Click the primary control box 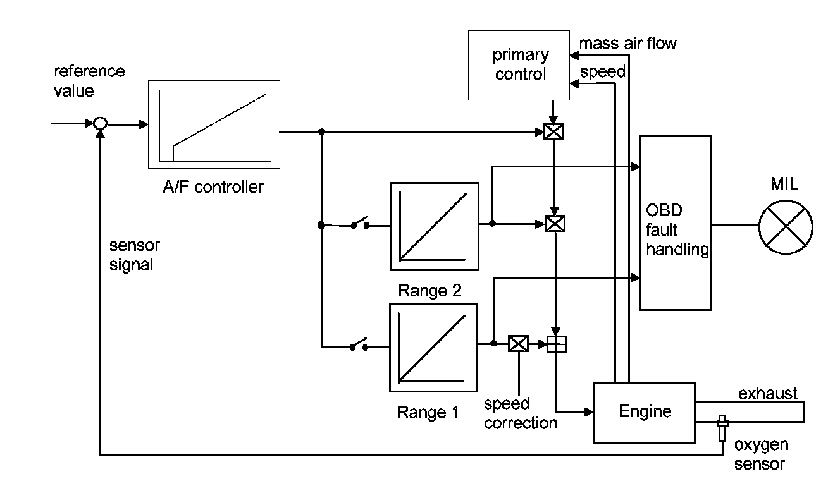click(x=518, y=64)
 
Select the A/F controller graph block click(x=213, y=124)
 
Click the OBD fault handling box click(x=676, y=222)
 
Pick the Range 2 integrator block click(x=434, y=225)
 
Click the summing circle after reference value click(x=100, y=124)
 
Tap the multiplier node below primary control click(x=553, y=132)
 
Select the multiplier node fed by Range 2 click(x=554, y=224)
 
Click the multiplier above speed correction click(x=518, y=344)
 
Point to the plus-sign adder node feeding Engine click(x=557, y=344)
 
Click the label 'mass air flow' click(x=627, y=44)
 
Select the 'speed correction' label click(x=521, y=413)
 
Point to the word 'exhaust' click(x=767, y=394)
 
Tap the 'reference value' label click(x=89, y=80)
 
